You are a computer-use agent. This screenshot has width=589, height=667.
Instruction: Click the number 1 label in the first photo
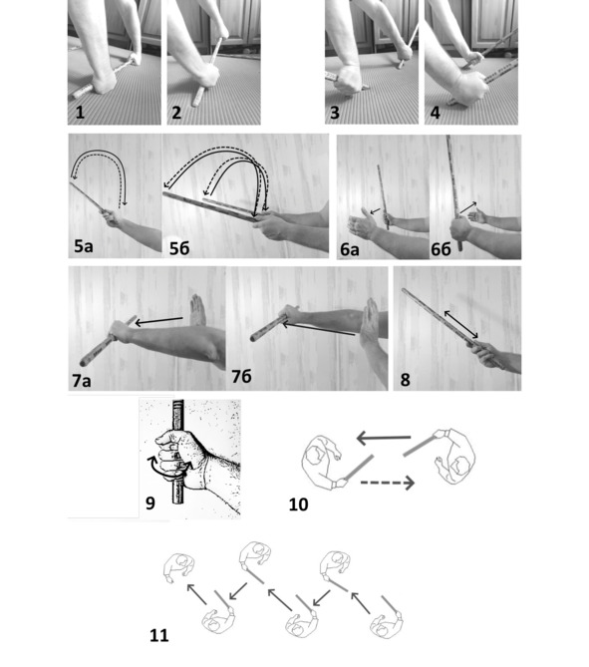click(80, 113)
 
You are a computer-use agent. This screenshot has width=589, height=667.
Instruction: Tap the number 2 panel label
click(176, 113)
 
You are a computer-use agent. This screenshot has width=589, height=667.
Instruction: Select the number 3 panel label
click(335, 113)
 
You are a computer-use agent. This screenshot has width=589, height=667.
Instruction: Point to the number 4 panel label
click(436, 113)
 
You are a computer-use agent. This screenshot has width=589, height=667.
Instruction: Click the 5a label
click(84, 246)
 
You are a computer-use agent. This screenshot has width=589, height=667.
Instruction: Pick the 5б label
click(179, 248)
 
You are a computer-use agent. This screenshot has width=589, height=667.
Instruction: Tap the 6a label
click(350, 249)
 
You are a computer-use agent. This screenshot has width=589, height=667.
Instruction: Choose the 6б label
click(442, 249)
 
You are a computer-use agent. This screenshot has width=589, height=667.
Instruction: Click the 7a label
click(82, 380)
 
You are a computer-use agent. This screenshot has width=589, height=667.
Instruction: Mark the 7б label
click(241, 376)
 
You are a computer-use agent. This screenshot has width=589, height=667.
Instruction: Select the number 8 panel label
click(406, 380)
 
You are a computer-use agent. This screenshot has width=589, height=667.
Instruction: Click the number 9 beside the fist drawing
click(150, 503)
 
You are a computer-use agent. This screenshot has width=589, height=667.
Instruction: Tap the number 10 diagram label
click(299, 504)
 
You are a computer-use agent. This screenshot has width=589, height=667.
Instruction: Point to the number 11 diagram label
click(159, 635)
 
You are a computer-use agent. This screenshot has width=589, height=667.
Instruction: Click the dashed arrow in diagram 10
click(388, 483)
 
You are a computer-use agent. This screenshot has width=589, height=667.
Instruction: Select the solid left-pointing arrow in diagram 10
click(384, 438)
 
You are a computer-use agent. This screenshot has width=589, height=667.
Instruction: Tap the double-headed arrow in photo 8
click(461, 325)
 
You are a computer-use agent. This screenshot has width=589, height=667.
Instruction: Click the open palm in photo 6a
click(362, 223)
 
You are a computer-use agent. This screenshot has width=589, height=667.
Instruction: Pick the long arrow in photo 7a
click(159, 321)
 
